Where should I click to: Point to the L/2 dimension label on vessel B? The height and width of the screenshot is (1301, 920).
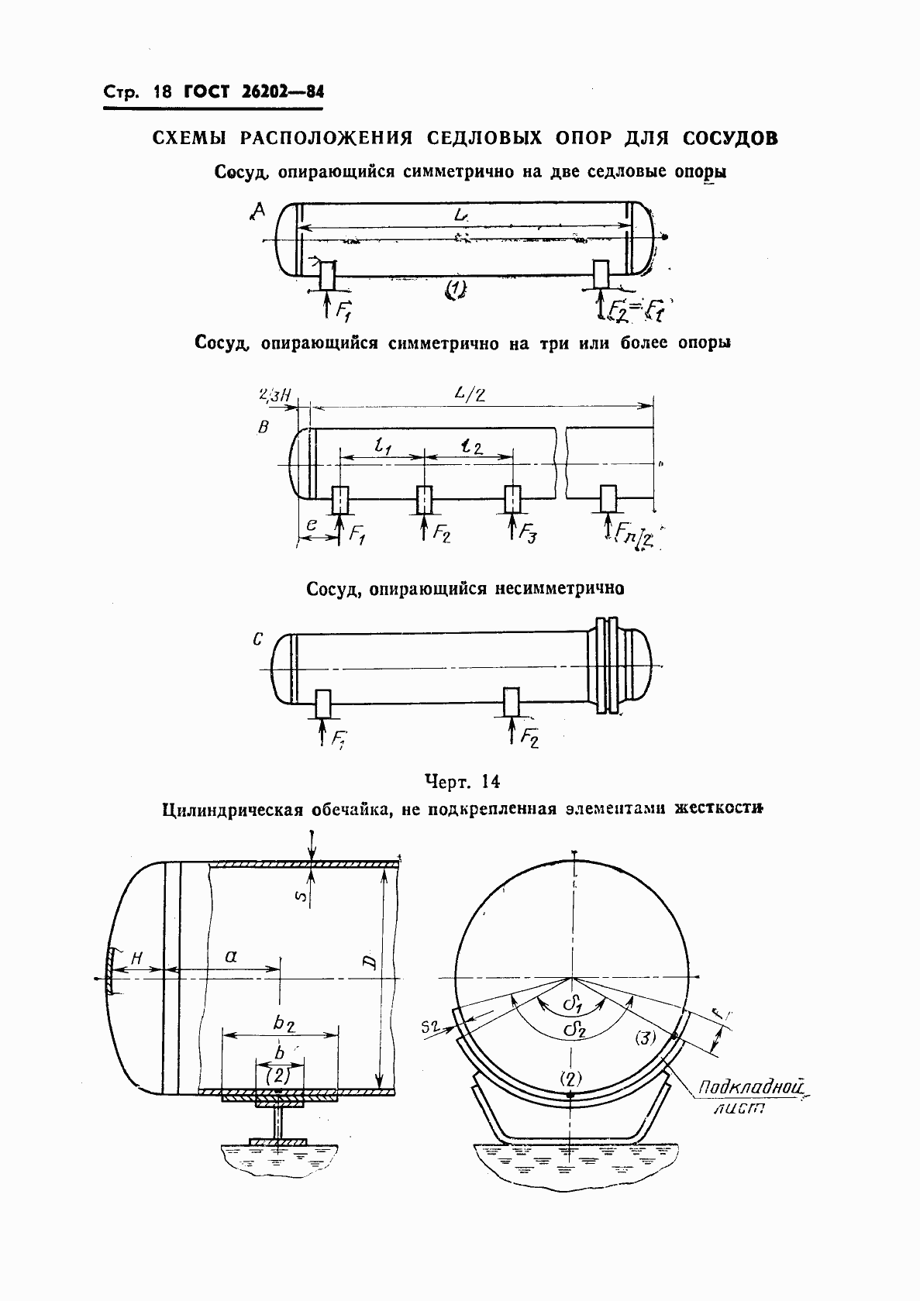[x=470, y=394]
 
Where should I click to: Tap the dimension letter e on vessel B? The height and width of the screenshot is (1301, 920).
[x=311, y=525]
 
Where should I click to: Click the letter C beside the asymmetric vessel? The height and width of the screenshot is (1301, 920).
[x=258, y=640]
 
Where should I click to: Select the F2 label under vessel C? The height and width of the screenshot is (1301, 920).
[x=529, y=736]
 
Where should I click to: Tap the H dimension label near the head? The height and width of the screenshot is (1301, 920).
[x=136, y=959]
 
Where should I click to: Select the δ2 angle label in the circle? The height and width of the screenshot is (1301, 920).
[x=575, y=1030]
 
